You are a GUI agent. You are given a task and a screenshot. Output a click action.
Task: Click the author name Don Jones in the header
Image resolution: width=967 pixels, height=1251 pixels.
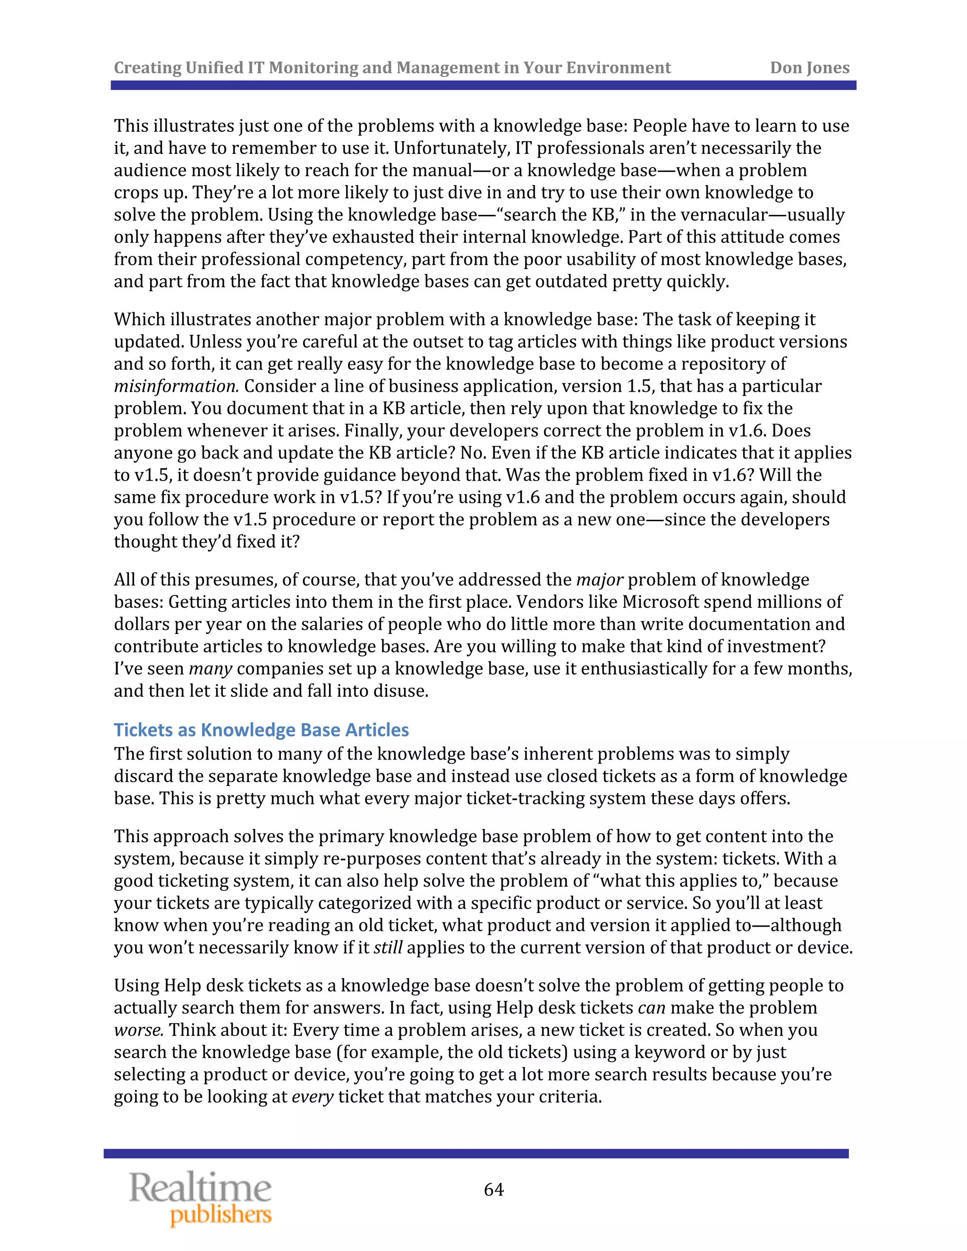809,68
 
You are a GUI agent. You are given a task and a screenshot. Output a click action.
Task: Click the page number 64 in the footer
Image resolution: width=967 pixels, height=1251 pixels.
493,1189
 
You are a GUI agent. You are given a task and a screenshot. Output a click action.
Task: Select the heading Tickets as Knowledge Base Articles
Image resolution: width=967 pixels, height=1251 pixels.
261,730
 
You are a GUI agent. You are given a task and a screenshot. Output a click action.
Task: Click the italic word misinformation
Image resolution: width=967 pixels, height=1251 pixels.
176,386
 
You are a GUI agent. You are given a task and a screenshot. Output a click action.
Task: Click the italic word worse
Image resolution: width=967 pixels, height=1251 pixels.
139,1030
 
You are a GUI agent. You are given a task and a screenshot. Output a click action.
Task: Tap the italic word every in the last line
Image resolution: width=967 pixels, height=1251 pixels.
312,1097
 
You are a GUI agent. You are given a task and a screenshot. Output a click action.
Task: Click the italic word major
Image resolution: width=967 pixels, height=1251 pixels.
599,580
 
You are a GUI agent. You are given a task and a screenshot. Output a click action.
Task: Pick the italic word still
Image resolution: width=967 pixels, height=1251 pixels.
388,947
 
